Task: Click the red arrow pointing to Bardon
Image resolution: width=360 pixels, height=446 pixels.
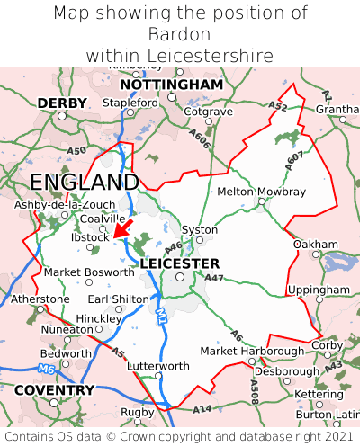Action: [x=123, y=226]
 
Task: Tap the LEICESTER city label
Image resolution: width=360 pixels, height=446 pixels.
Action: [x=180, y=263]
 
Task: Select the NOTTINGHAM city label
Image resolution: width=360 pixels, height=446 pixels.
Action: [x=171, y=85]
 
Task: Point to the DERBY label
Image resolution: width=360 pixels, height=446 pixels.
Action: [x=62, y=103]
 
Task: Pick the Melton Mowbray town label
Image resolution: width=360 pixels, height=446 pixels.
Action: [x=262, y=192]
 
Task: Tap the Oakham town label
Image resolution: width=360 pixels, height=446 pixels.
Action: [x=316, y=245]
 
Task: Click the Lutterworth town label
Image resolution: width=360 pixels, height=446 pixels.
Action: [x=158, y=366]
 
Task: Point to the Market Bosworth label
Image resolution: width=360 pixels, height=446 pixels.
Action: [x=89, y=272]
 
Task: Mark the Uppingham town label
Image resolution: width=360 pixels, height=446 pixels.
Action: [x=319, y=290]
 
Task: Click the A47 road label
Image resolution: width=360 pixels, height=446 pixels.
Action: [x=214, y=279]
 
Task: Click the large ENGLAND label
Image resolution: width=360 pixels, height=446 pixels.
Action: [x=85, y=183]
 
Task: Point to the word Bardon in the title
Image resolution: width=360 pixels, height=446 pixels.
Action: [x=180, y=34]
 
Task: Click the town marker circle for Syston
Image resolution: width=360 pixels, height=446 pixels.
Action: [x=201, y=240]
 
